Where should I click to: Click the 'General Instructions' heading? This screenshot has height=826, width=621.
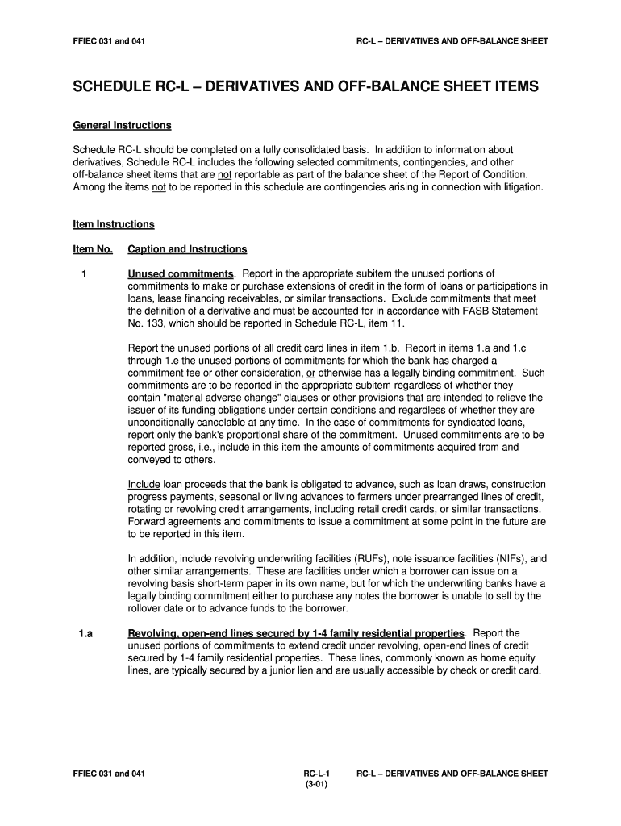(122, 126)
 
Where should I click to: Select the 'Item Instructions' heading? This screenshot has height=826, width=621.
(114, 224)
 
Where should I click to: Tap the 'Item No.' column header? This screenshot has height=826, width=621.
(93, 249)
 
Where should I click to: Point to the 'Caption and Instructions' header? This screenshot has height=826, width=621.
(187, 249)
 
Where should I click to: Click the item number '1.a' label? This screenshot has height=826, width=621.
(85, 634)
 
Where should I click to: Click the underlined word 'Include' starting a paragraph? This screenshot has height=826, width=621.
(144, 484)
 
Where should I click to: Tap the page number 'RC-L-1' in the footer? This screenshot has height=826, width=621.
(310, 774)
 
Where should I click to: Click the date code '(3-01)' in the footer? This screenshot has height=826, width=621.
(310, 785)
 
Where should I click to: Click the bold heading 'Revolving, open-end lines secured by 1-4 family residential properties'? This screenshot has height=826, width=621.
(296, 634)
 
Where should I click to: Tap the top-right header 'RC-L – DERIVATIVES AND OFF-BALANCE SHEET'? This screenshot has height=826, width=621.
(452, 40)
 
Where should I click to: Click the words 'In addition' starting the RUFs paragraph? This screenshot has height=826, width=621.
(152, 558)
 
